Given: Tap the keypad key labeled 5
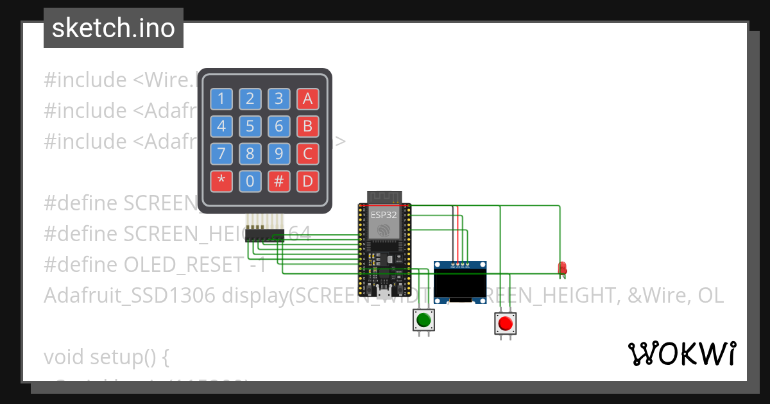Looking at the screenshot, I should [250, 126].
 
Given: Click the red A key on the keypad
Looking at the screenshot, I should [307, 99].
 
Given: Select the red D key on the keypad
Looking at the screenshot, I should [307, 181].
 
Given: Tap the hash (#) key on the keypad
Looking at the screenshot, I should [278, 181].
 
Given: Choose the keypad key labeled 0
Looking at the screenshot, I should [250, 181].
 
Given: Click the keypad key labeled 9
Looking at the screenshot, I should [278, 154].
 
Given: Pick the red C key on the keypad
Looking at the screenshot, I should [307, 154].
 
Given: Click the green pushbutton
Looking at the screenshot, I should [423, 319].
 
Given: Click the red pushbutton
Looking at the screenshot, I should [505, 323].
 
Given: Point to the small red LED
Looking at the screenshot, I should [563, 267].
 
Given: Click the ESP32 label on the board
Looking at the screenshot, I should [384, 215].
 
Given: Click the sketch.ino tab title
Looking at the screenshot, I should [114, 28].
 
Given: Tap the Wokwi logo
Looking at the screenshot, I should [682, 353].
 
